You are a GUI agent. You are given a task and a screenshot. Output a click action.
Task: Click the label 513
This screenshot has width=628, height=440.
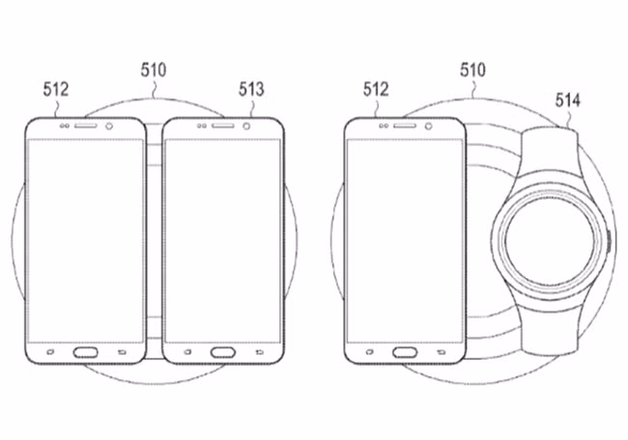tap(252, 90)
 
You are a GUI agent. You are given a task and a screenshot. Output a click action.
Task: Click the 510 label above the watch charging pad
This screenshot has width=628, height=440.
tap(473, 70)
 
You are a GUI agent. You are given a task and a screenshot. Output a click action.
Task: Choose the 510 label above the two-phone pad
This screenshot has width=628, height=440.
tap(152, 70)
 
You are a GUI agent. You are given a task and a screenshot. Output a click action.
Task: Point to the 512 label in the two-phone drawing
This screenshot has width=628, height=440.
tap(56, 90)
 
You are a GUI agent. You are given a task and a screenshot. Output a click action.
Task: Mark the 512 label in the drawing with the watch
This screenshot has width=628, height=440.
tap(375, 90)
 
